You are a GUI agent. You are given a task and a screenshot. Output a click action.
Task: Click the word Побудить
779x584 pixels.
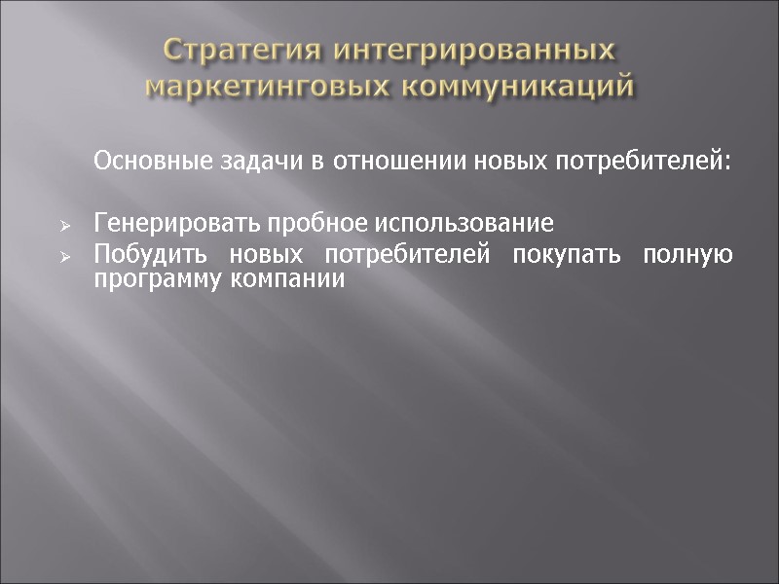[143, 256]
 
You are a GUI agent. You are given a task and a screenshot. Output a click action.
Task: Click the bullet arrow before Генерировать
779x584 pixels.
[64, 226]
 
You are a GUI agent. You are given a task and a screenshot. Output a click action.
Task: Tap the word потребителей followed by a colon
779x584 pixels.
[641, 160]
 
